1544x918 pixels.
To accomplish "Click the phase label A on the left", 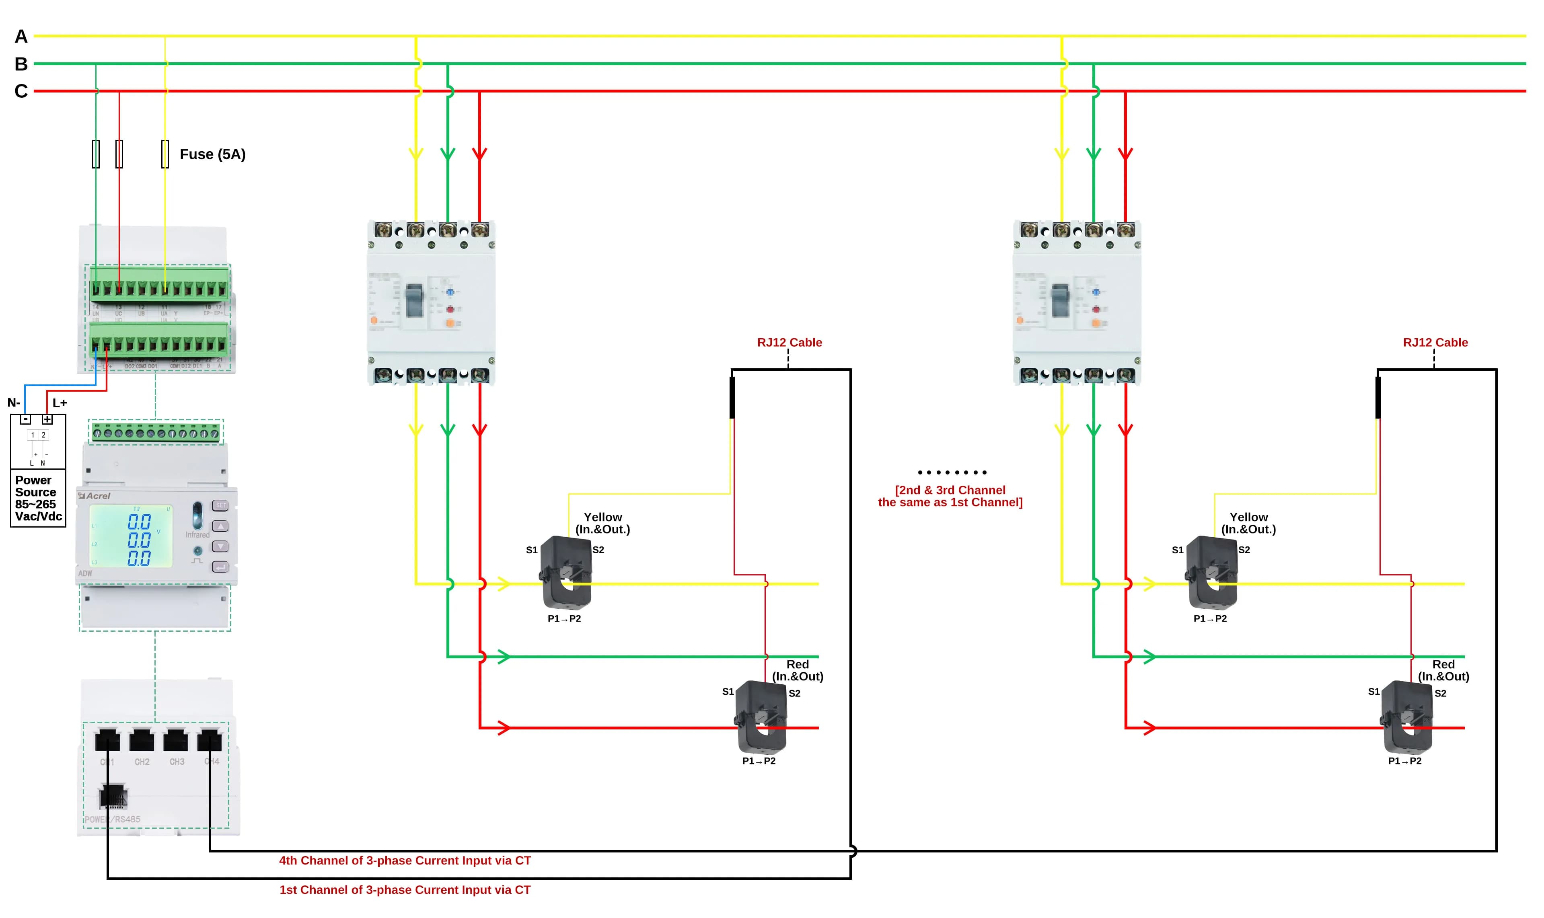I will (x=21, y=37).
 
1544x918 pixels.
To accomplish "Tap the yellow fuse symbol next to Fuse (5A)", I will (x=164, y=154).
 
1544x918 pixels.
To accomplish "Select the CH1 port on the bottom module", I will (x=107, y=740).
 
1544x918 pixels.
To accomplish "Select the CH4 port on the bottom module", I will (x=210, y=740).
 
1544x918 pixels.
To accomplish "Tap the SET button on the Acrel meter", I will (x=220, y=505).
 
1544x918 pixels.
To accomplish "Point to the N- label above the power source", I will (x=14, y=403).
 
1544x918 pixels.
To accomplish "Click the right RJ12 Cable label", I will (x=1435, y=342).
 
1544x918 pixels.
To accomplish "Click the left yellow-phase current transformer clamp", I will (x=566, y=572).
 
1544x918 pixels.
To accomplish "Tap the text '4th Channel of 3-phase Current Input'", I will (x=405, y=860).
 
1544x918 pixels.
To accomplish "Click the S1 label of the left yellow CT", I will (x=531, y=550).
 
